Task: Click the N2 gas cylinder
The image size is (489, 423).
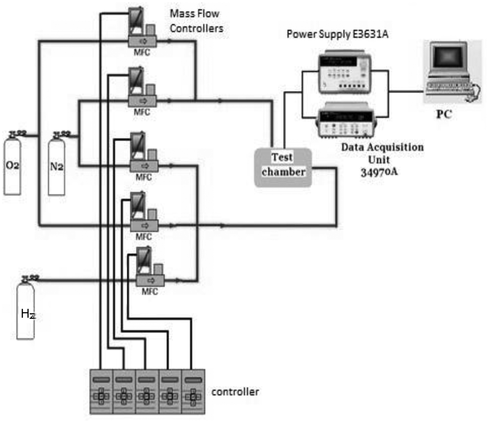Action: coord(57,167)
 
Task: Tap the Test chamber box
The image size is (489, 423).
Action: coord(283,167)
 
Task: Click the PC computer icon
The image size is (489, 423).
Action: coord(451,72)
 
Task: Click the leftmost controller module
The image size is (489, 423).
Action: coord(102,391)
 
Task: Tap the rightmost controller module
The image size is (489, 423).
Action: coord(193,391)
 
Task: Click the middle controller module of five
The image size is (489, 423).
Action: coord(147,391)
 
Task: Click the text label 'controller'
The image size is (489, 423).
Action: coord(235,392)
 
